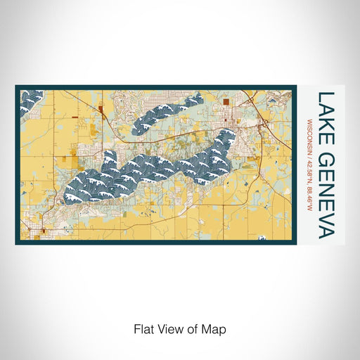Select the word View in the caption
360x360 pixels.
click(x=168, y=328)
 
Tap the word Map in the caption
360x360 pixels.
click(x=214, y=328)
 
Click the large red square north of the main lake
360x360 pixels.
click(x=226, y=101)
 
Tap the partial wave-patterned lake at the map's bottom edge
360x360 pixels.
click(x=262, y=239)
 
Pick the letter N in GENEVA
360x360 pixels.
click(x=326, y=185)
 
